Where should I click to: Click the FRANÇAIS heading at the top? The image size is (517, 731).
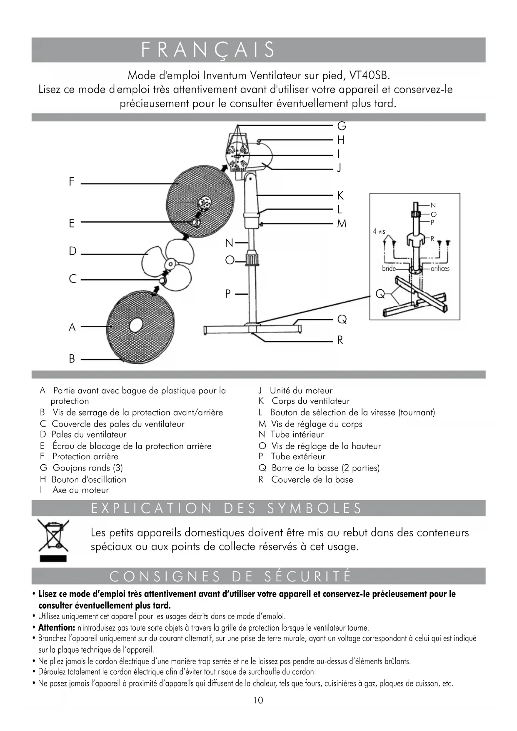(208, 50)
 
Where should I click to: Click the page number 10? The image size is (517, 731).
(258, 700)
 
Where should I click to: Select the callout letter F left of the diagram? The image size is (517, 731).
(72, 182)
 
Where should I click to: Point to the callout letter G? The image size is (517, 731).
(341, 126)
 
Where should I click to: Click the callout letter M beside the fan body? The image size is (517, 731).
(342, 224)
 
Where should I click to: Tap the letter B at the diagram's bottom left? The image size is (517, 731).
(72, 359)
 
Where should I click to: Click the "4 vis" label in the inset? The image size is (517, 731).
(379, 231)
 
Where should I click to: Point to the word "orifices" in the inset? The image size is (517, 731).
(440, 269)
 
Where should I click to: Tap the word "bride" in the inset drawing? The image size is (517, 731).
(389, 269)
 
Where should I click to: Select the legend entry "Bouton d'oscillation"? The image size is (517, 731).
(89, 479)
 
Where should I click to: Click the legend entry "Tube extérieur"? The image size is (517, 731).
(298, 456)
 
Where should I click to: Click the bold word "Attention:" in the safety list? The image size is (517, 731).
(56, 628)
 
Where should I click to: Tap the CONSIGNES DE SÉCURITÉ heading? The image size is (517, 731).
(230, 576)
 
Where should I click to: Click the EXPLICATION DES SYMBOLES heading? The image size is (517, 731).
(226, 508)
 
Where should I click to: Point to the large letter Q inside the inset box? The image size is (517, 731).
(380, 294)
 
